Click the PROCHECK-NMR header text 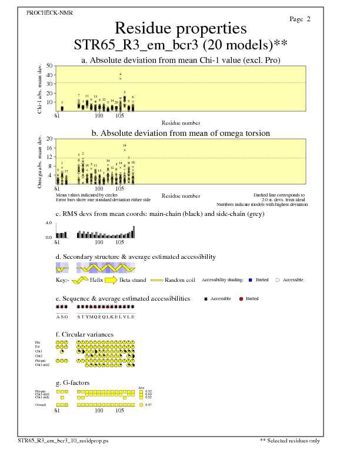point(50,12)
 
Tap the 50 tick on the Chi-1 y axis point(49,66)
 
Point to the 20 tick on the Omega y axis point(49,139)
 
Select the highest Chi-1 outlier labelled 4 point(121,78)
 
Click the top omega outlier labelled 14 point(125,150)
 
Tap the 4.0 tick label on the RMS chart point(49,224)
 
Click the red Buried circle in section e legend point(241,299)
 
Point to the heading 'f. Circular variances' point(80,334)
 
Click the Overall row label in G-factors point(40,405)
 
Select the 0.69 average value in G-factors point(149,394)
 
